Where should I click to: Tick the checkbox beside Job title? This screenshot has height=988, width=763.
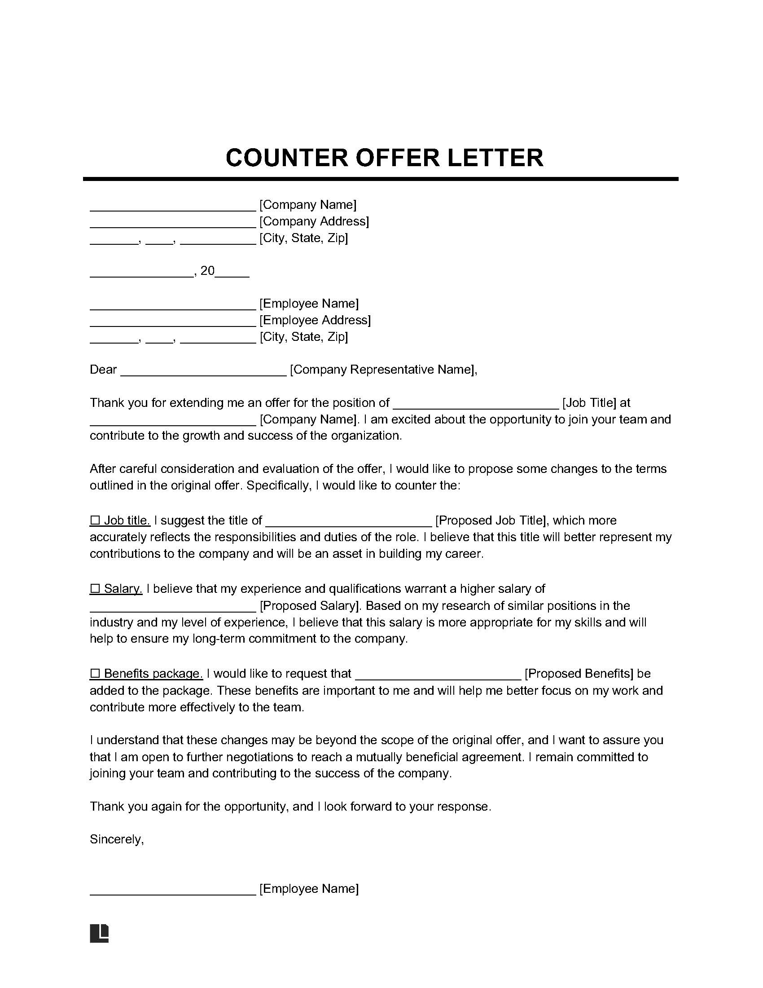[x=95, y=520]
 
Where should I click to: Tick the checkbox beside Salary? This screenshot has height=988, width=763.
[x=95, y=589]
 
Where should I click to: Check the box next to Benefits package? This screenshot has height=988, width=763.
[x=95, y=674]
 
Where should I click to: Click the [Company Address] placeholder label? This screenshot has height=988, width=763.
[x=314, y=221]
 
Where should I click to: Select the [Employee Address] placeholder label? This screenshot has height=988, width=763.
[x=315, y=320]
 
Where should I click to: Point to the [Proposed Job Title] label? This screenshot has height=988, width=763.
[x=491, y=520]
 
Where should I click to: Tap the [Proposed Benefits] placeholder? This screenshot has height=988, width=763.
[x=579, y=674]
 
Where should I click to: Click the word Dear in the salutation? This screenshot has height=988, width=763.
[x=103, y=370]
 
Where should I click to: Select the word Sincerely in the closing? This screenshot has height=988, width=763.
[x=116, y=840]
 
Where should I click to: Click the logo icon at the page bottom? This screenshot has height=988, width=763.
[x=100, y=933]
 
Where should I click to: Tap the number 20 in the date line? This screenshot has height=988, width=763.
[x=207, y=271]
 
